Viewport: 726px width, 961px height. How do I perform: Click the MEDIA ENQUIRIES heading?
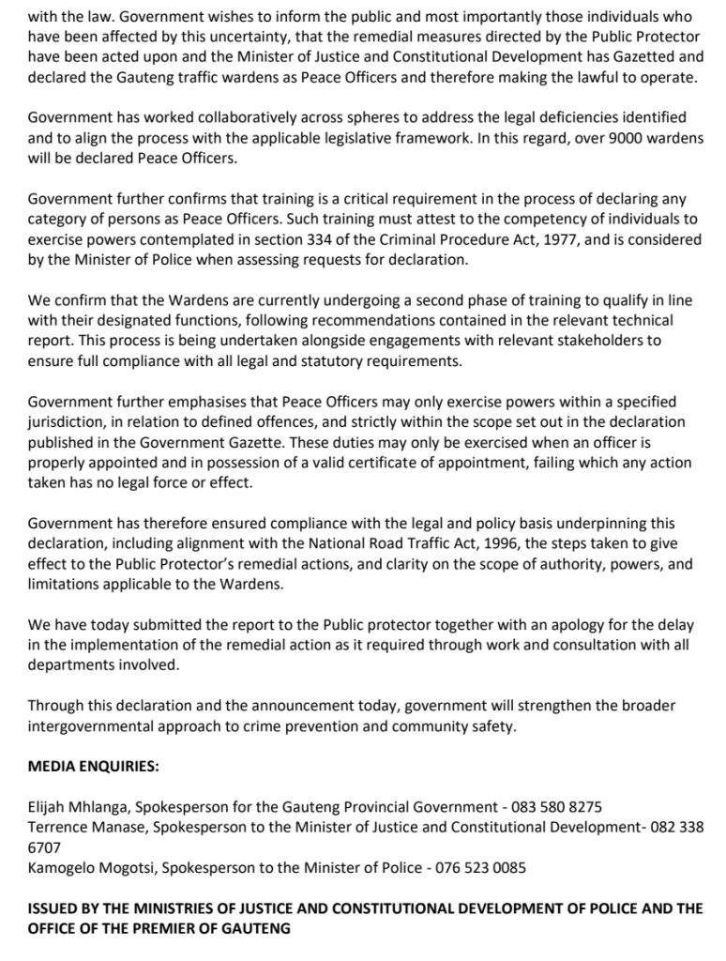click(x=93, y=766)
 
